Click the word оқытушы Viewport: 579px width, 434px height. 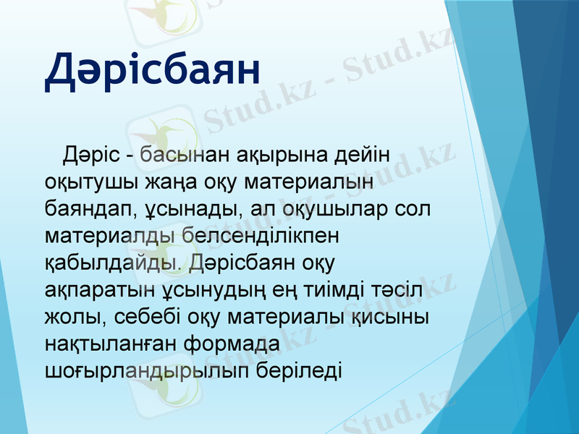94,182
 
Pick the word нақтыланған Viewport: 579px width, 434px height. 116,343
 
